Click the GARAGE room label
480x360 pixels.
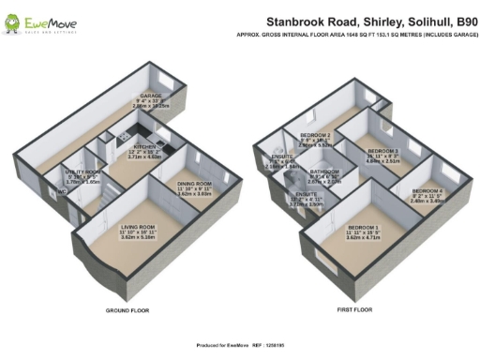147,96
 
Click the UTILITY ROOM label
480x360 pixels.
82,172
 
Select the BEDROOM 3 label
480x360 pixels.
382,150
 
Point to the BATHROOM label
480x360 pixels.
324,172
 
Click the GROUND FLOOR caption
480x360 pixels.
124,309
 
